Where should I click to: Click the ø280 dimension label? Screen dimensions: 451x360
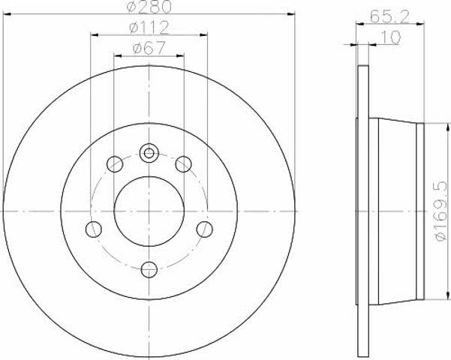[149, 7]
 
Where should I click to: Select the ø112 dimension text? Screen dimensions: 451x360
[149, 28]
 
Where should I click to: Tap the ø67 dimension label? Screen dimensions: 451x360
[149, 48]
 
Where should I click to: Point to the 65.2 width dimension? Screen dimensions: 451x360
[389, 16]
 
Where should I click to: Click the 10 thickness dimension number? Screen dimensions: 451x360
[390, 37]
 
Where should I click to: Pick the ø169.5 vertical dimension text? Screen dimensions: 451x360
[441, 211]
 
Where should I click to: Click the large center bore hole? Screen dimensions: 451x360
[149, 211]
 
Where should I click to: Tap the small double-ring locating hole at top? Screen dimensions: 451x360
[149, 153]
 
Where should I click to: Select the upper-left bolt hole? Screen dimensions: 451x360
[115, 164]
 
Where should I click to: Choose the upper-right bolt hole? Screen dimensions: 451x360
[184, 164]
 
